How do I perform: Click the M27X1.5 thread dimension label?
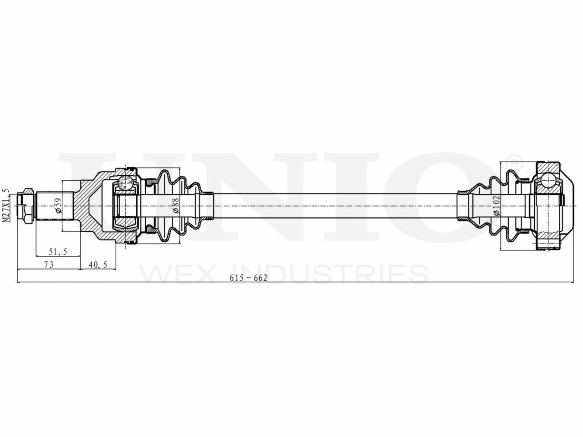click(6, 205)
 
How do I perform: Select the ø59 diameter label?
click(58, 206)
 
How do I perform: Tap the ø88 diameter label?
click(176, 206)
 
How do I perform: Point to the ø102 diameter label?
click(496, 206)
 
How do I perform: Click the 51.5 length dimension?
click(58, 251)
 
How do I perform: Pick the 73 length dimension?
click(49, 264)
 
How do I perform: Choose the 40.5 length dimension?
click(98, 264)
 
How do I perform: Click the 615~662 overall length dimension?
click(248, 278)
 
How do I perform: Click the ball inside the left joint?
click(125, 183)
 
